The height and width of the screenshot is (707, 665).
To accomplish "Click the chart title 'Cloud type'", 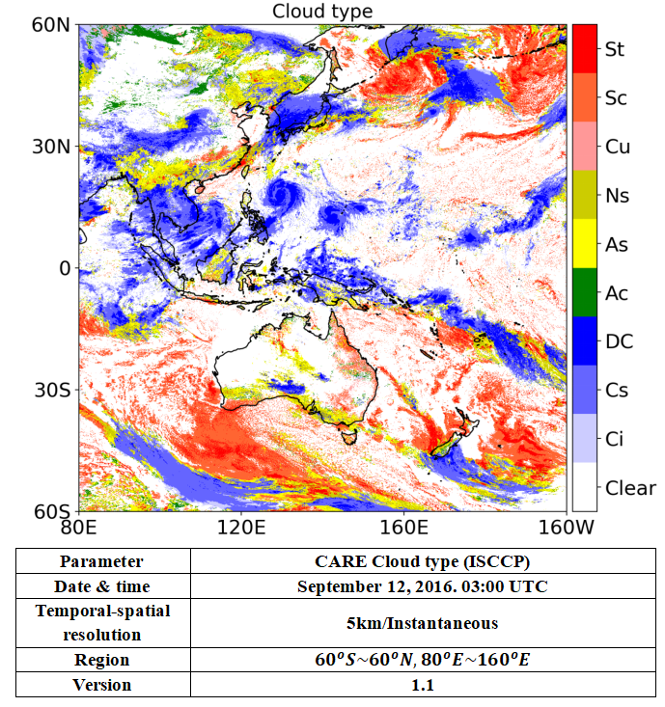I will [x=321, y=11].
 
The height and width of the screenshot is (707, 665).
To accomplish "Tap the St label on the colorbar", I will [x=614, y=48].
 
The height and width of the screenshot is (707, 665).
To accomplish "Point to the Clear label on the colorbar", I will [x=629, y=487].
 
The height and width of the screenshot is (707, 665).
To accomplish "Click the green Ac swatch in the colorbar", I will [x=583, y=292].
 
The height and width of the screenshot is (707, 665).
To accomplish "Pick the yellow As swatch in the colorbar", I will [x=583, y=243].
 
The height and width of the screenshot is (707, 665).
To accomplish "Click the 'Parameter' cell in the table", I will [x=101, y=561].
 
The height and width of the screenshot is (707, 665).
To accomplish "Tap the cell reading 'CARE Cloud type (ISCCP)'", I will [x=422, y=561].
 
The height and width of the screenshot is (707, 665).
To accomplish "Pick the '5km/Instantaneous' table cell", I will [x=422, y=623].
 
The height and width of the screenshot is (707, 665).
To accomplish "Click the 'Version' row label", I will [x=101, y=684].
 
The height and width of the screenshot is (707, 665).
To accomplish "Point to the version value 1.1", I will [x=422, y=684].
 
